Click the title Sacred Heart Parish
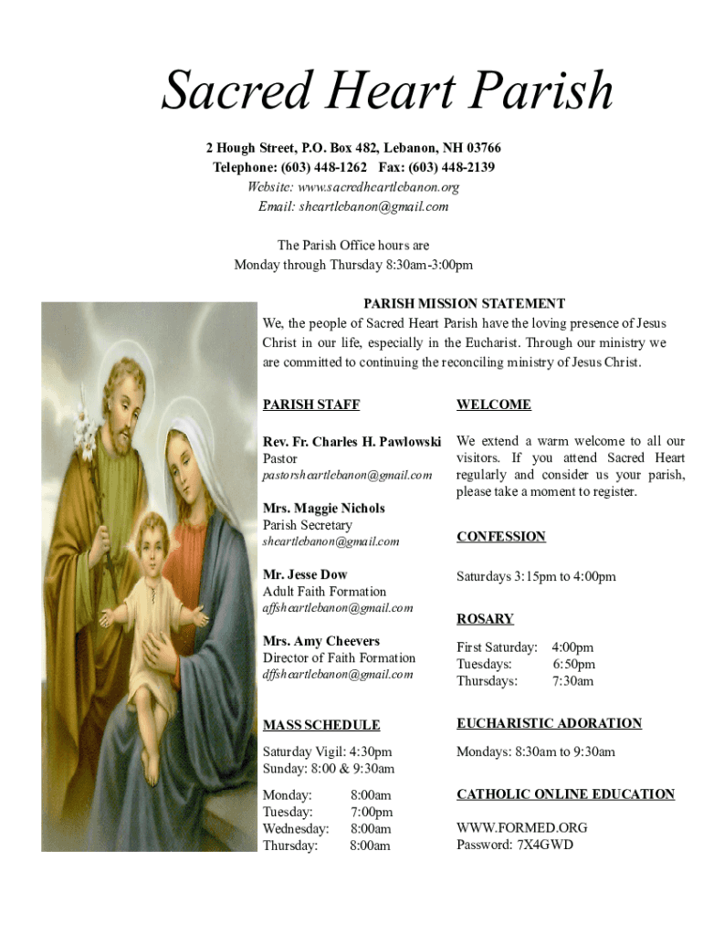click(x=387, y=92)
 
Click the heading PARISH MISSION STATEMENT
click(x=464, y=304)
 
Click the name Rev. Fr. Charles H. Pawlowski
click(x=351, y=442)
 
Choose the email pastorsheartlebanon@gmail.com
click(x=347, y=475)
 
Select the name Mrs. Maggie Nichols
click(x=323, y=509)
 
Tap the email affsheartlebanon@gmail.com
click(x=337, y=607)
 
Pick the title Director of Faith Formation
click(x=339, y=657)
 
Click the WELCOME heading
click(x=493, y=404)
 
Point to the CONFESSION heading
click(x=500, y=537)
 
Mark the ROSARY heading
click(x=485, y=619)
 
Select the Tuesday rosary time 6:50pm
click(x=573, y=665)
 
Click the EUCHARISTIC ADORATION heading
click(x=549, y=723)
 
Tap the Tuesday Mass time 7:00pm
click(x=371, y=812)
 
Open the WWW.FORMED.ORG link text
click(x=521, y=828)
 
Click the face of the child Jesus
click(x=152, y=537)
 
